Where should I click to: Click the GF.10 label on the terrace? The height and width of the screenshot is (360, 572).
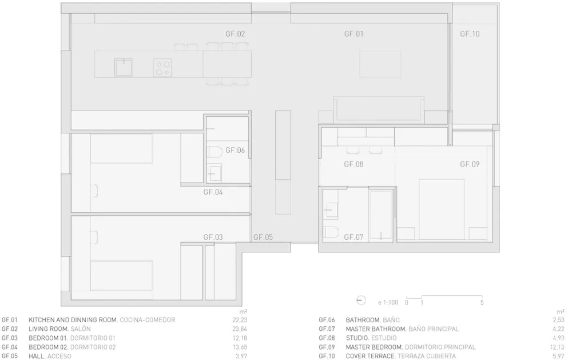pos(470,34)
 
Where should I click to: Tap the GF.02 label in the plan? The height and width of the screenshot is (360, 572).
pos(235,34)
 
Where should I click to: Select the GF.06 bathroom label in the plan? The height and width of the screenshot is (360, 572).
pos(235,150)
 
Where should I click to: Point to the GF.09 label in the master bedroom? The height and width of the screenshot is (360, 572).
pos(470,164)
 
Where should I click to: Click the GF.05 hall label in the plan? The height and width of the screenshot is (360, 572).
pos(263,236)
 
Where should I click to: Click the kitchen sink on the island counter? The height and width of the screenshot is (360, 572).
pos(123,68)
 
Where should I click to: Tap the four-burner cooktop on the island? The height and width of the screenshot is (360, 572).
pos(162,68)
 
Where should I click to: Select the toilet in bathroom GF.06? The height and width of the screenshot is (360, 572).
pos(214,153)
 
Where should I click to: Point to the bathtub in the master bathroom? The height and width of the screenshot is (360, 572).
pos(382,215)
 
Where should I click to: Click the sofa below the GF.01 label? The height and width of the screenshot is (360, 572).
pos(379,109)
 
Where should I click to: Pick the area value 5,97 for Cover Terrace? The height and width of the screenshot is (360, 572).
pos(558,356)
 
